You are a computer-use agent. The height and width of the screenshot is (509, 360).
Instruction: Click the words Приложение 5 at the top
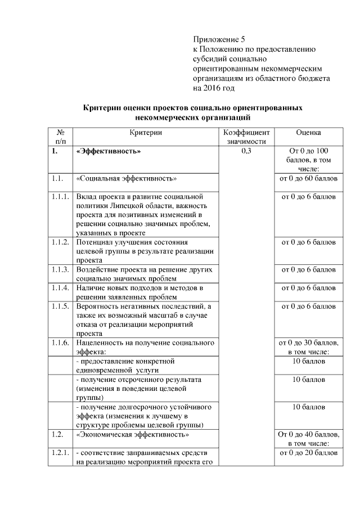[x=219, y=39]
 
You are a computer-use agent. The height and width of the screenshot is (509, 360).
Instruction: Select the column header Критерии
[x=146, y=132]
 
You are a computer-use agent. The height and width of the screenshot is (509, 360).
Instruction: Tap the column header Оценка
[x=308, y=132]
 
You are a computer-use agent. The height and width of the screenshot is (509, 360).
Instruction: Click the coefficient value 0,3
[x=245, y=152]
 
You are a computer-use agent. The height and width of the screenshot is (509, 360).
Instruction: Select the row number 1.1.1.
[x=59, y=197]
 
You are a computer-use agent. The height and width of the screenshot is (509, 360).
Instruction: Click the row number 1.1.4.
[x=59, y=288]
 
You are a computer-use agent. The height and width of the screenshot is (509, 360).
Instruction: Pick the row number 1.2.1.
[x=59, y=453]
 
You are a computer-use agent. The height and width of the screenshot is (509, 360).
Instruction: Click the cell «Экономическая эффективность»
[x=132, y=435]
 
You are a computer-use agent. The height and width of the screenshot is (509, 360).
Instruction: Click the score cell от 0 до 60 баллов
[x=308, y=179]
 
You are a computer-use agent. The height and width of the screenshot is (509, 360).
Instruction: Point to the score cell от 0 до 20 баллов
[x=308, y=453]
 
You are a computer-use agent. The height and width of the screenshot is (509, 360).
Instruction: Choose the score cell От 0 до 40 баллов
[x=308, y=439]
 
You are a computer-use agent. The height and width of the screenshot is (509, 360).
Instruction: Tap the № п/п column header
[x=60, y=137]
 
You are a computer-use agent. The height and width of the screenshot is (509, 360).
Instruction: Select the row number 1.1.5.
[x=59, y=307]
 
